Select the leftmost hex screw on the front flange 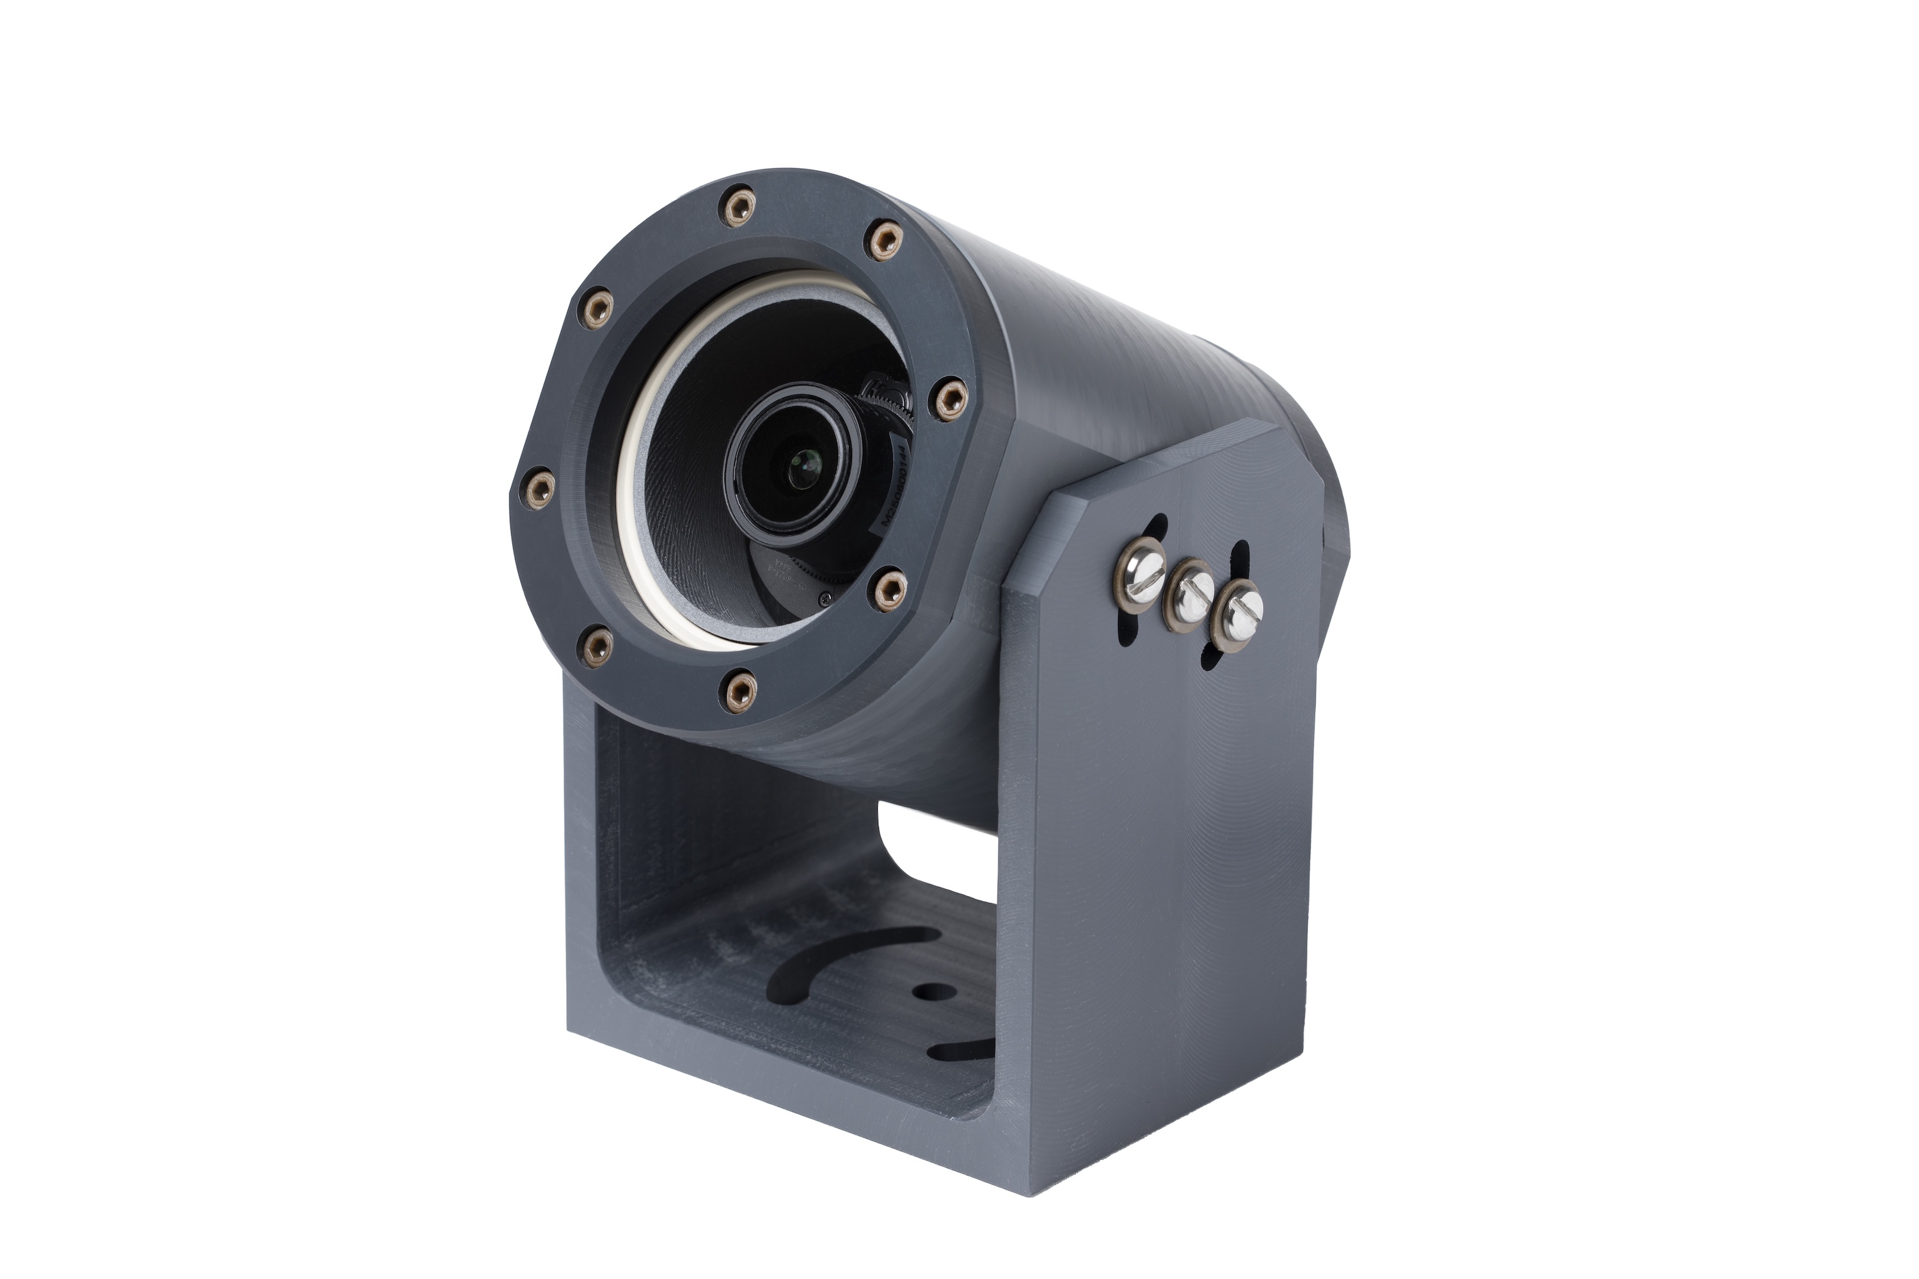click(539, 489)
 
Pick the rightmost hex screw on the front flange click(950, 400)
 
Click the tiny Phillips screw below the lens click(826, 600)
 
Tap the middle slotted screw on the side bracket click(1190, 595)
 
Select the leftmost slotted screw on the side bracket click(1141, 574)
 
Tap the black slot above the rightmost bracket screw click(1238, 559)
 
